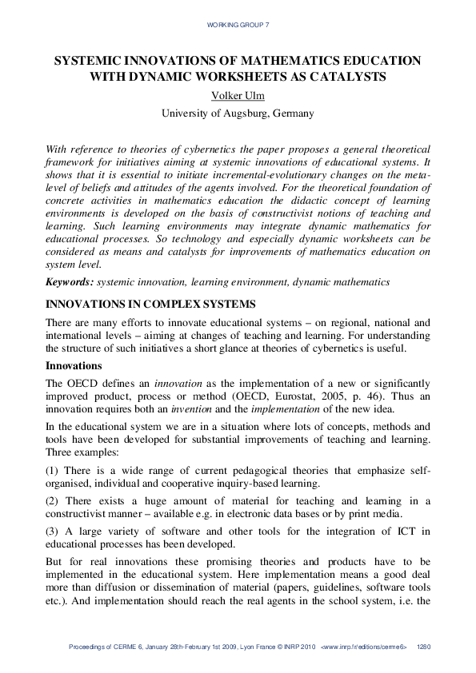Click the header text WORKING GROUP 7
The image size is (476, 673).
pyautogui.click(x=238, y=26)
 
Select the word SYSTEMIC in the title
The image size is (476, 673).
pyautogui.click(x=86, y=61)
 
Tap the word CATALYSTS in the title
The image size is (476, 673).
pyautogui.click(x=350, y=77)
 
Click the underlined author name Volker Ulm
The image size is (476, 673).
pyautogui.click(x=238, y=96)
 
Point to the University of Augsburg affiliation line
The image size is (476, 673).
pyautogui.click(x=238, y=113)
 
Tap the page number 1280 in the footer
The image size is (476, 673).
pyautogui.click(x=424, y=647)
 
